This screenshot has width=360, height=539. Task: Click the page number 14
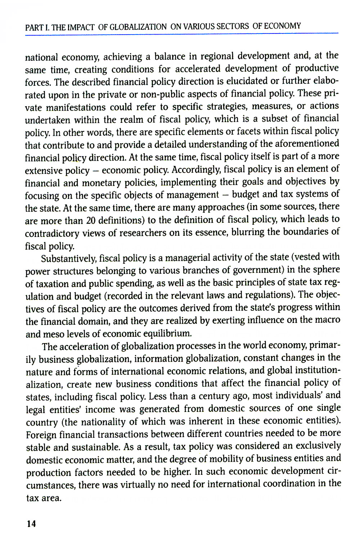[31, 524]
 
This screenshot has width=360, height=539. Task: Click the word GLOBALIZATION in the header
[138, 27]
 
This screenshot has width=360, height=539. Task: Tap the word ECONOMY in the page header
[282, 26]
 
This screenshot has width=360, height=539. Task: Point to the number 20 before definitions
[91, 220]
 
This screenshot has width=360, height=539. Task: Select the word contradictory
[52, 233]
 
